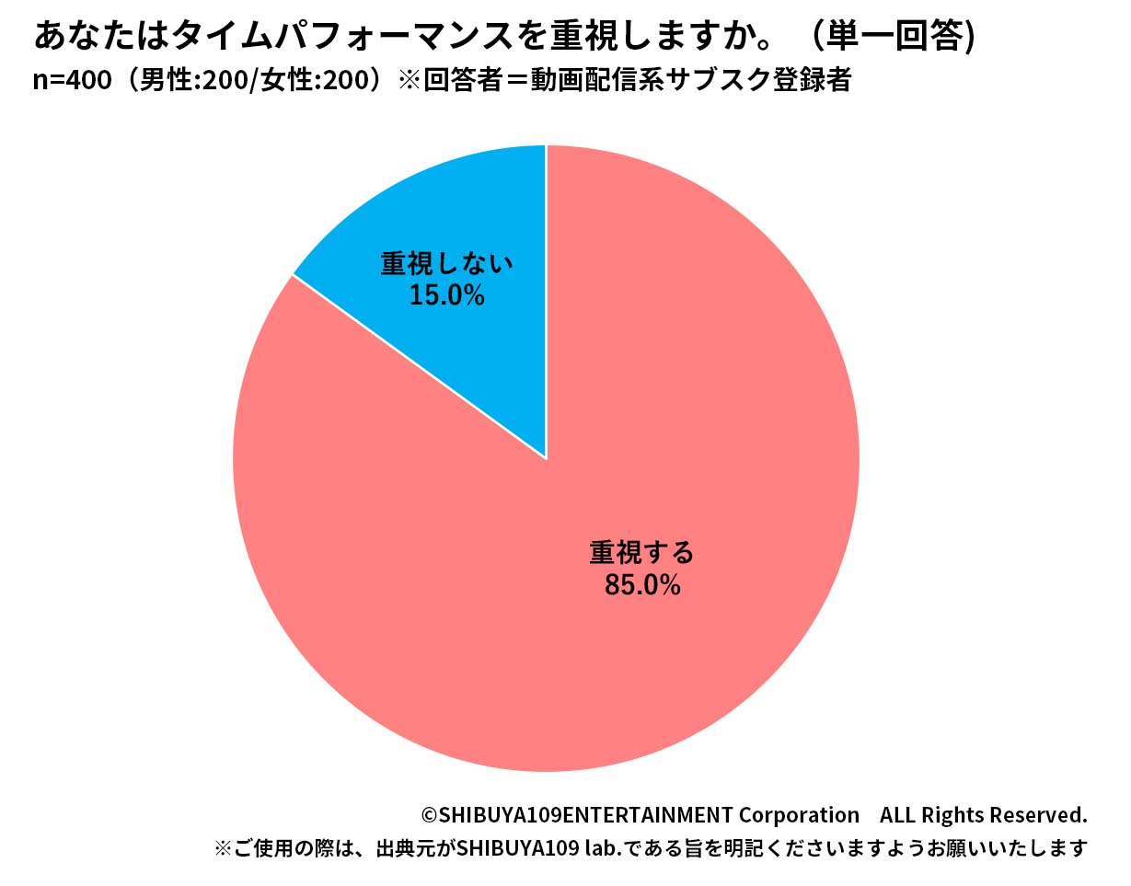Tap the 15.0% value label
point(446,295)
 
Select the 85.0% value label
point(641,584)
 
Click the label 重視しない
point(446,264)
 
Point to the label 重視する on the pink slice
point(641,553)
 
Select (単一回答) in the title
point(889,36)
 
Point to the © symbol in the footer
point(429,815)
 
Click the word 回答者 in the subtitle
point(465,81)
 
